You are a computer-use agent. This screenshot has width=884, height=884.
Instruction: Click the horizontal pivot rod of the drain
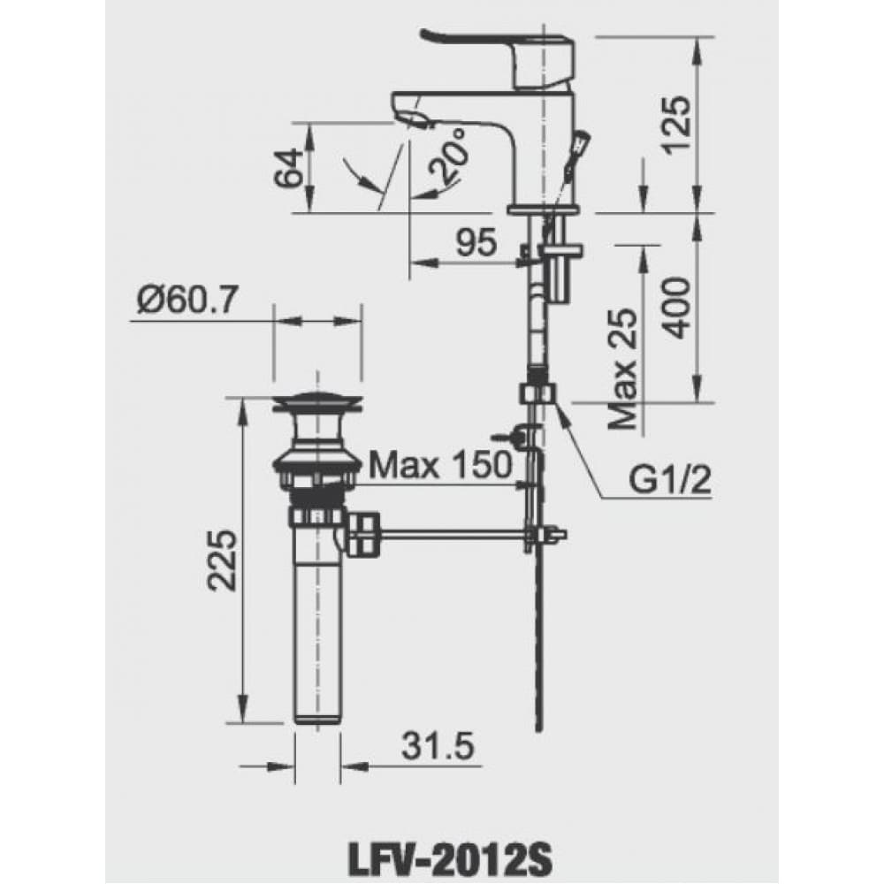pyautogui.click(x=451, y=533)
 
